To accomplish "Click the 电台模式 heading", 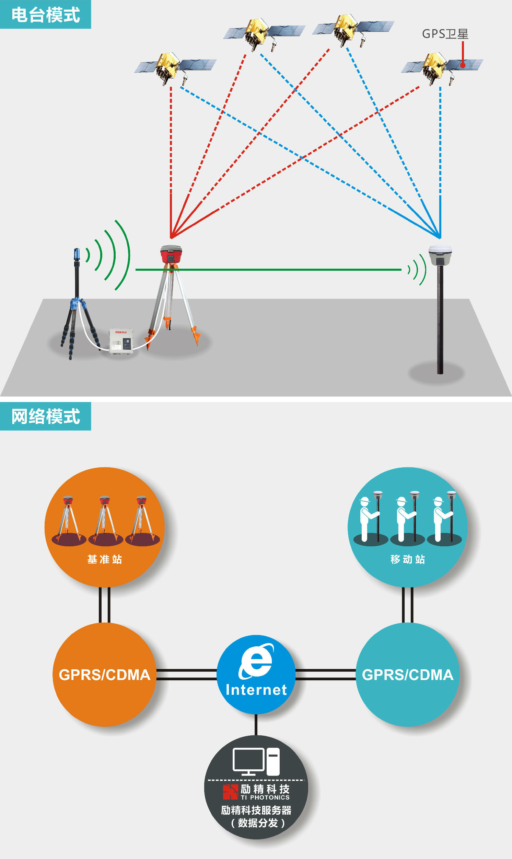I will click(46, 14).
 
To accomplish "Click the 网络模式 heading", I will click(46, 416).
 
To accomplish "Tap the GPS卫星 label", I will click(445, 34).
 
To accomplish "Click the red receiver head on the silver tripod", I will click(171, 254).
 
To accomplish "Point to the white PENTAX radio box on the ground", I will click(121, 340).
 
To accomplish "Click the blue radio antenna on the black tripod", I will click(77, 255).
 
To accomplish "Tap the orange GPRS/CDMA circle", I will click(105, 674).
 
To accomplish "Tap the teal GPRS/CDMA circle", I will click(407, 674).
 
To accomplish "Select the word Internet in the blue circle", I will click(256, 690).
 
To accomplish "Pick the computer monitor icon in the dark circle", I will click(248, 761).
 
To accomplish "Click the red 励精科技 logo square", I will click(230, 792).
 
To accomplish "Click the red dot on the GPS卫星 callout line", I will click(463, 65).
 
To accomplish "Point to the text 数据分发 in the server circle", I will click(258, 823).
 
